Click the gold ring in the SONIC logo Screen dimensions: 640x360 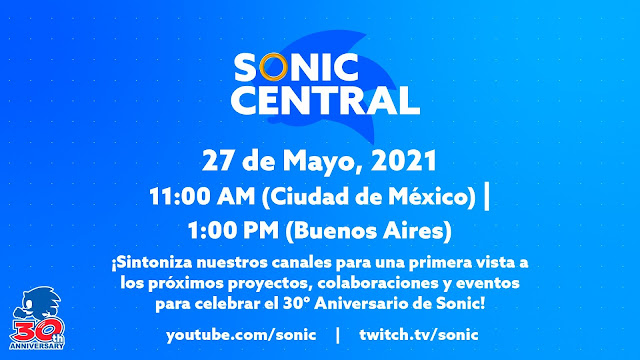click(x=273, y=67)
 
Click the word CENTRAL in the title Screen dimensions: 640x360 click(x=326, y=100)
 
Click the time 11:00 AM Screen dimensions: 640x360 click(x=202, y=197)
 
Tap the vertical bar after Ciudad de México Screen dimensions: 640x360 click(x=486, y=196)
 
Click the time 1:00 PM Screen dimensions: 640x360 click(x=233, y=231)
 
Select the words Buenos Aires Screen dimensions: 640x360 click(x=370, y=231)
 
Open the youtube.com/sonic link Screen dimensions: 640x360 click(x=241, y=335)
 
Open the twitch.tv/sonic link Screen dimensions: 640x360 click(x=419, y=335)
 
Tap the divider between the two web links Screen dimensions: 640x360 click(x=338, y=335)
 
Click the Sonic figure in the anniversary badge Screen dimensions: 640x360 click(x=38, y=303)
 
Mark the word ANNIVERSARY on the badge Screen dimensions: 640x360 click(x=37, y=347)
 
